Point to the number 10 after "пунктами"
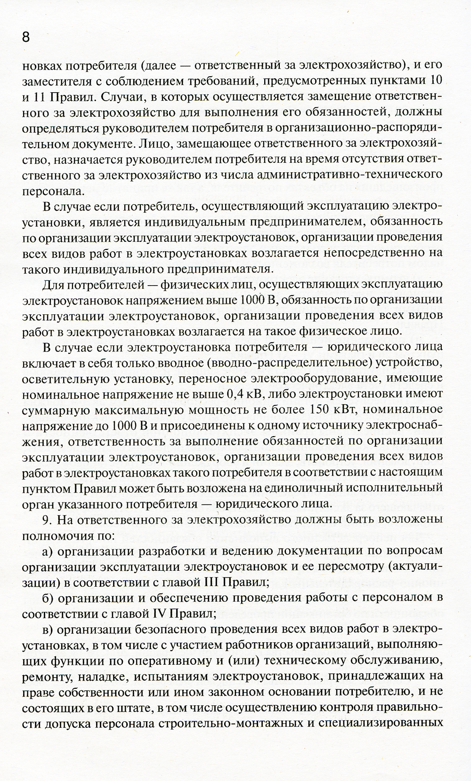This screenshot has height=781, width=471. coord(436,80)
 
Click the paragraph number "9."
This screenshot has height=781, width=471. coord(48,520)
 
